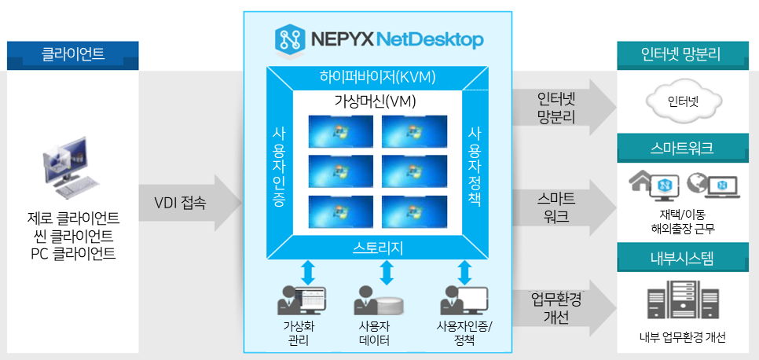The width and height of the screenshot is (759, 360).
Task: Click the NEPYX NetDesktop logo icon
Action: point(291,39)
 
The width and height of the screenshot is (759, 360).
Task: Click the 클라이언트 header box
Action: point(73,55)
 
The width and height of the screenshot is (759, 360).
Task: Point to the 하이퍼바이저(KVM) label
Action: point(377,77)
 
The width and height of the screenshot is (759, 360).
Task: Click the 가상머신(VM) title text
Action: point(377,102)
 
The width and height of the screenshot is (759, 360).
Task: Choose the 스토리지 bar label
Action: point(377,248)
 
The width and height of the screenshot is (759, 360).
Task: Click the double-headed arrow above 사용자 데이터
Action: point(386,273)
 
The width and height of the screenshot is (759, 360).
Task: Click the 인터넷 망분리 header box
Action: point(681,55)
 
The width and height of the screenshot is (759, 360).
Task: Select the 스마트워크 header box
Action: point(681,147)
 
